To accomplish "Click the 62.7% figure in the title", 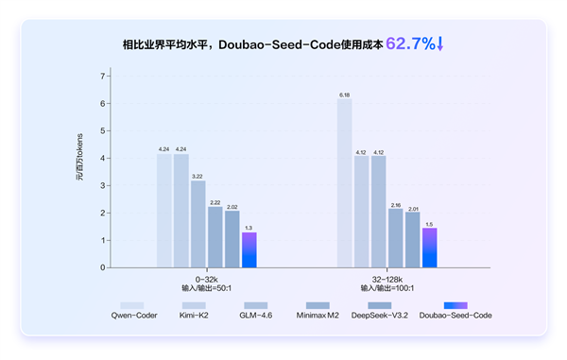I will [x=409, y=43].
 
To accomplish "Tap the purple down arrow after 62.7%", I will [x=439, y=43].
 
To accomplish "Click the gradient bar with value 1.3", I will [x=249, y=249].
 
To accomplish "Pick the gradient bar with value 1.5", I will [x=429, y=248].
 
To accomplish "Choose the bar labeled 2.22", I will [x=215, y=237].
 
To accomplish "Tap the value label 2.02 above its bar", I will [x=232, y=206].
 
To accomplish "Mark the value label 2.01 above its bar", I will [x=412, y=207].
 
